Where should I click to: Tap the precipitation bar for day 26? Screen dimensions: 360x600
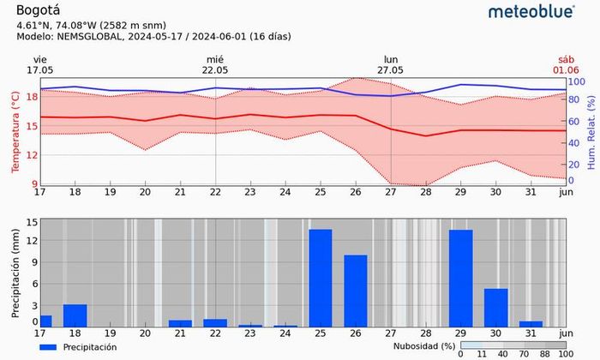coord(356,291)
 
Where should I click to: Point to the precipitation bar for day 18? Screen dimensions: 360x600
coord(75,315)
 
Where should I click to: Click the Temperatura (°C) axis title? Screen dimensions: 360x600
coord(15,133)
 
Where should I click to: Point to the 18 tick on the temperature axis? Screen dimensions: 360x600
coord(32,97)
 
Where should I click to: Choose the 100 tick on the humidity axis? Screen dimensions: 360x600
coord(576,82)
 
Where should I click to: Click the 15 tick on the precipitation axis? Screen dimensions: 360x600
coord(32,222)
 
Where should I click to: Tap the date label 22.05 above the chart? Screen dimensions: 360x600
coord(215,70)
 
